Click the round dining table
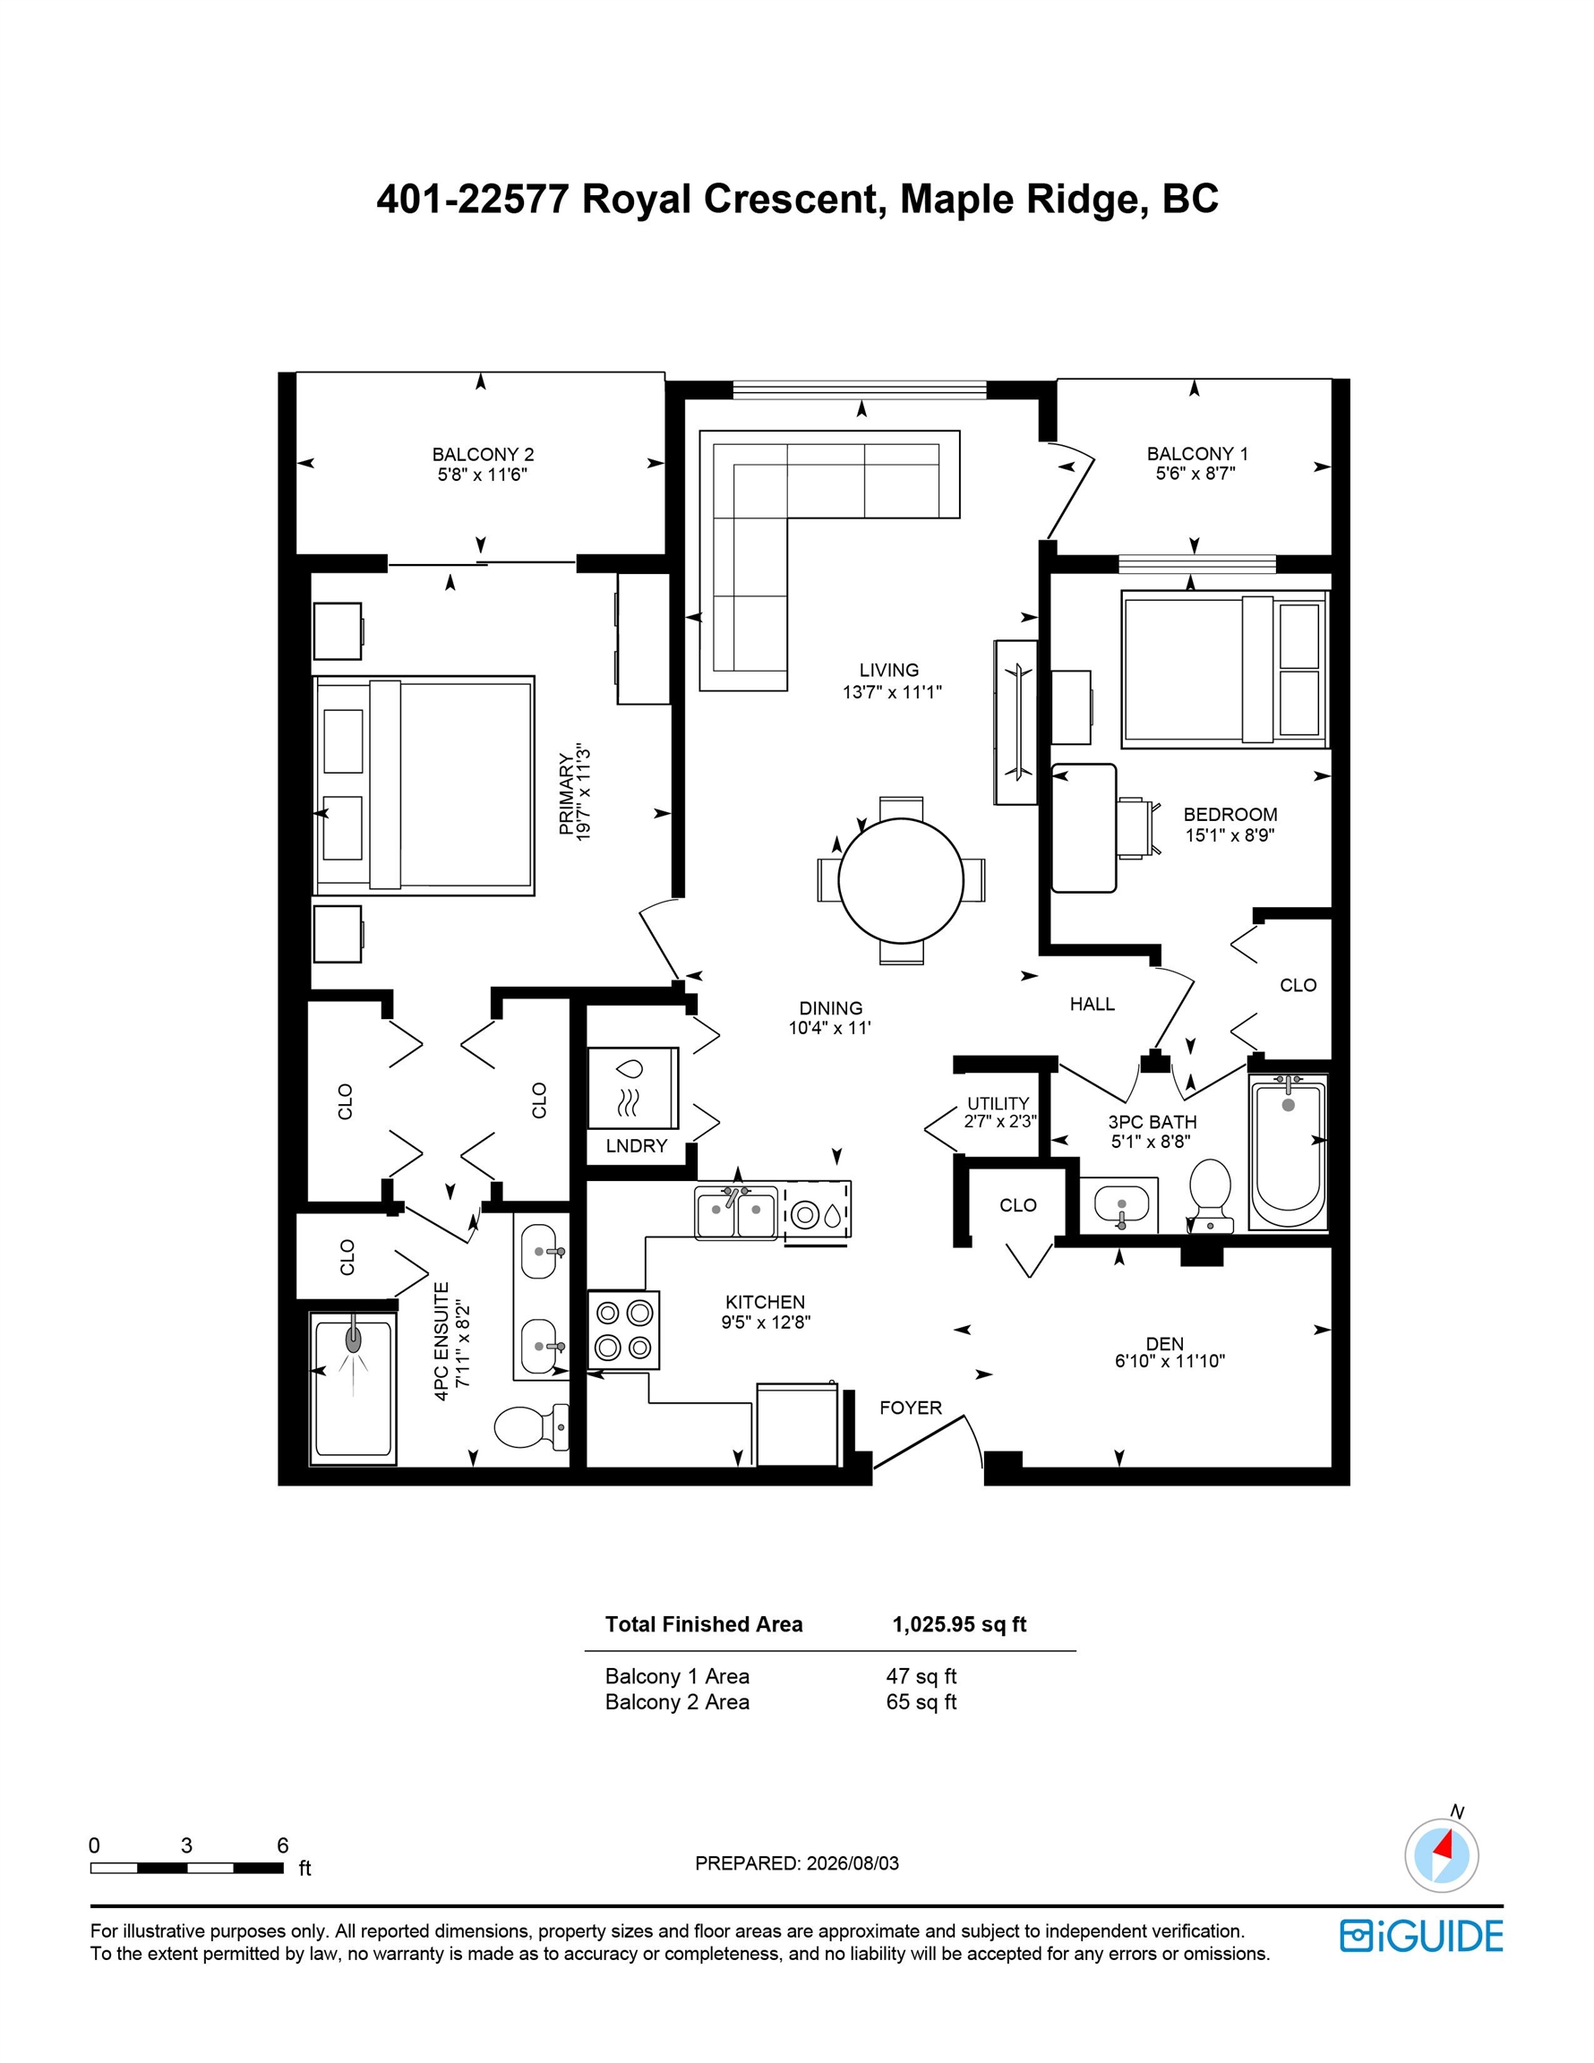tap(901, 880)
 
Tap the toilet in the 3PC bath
tap(1211, 1196)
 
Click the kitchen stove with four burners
tap(623, 1329)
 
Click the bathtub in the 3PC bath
tap(1288, 1152)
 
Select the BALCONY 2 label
tap(483, 454)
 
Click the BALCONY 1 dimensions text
tap(1195, 474)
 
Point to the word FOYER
tap(911, 1408)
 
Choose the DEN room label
tap(1165, 1343)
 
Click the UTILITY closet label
tap(998, 1103)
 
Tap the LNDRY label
tap(637, 1146)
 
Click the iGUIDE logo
tap(1421, 1936)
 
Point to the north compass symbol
tap(1442, 1855)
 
